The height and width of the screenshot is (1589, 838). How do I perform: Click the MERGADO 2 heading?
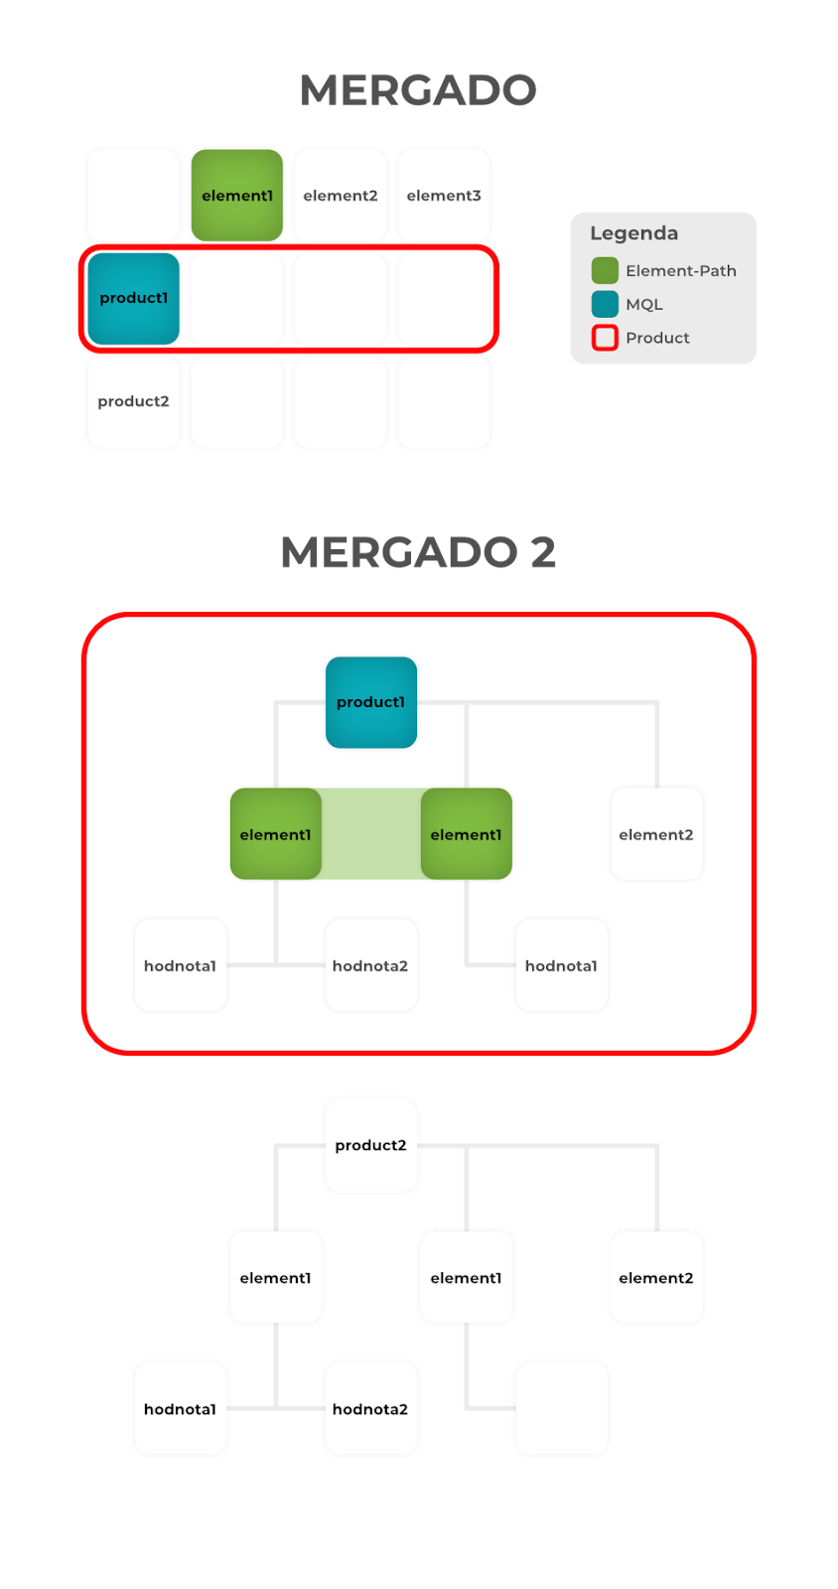pos(418,552)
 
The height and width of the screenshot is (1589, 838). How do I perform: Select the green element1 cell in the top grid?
pos(237,196)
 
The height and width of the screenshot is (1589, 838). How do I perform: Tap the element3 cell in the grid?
pos(444,196)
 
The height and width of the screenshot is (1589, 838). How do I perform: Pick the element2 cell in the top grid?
pos(341,196)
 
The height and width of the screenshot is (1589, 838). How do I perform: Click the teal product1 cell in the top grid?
pos(134,298)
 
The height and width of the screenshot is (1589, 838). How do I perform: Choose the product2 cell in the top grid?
pos(134,401)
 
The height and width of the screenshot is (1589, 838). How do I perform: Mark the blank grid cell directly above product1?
pos(134,196)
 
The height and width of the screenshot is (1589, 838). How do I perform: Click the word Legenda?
pos(633,233)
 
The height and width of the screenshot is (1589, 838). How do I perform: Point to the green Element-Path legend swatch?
pos(605,270)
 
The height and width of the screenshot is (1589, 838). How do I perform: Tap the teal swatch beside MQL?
pos(605,304)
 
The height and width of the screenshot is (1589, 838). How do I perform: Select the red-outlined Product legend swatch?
pos(605,338)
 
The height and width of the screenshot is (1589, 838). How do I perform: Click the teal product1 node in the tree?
pos(371,702)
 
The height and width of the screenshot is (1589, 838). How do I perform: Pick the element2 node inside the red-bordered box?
pos(656,834)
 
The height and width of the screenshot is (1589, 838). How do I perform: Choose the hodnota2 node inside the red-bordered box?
pos(370,965)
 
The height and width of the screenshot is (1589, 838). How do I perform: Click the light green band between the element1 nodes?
pos(371,834)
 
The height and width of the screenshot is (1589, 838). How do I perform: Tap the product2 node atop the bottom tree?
pos(371,1145)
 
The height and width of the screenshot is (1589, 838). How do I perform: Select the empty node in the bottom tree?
pos(562,1408)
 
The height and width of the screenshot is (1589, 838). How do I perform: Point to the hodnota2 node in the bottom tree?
pos(370,1408)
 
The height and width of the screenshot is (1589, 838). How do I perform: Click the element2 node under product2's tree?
pos(656,1277)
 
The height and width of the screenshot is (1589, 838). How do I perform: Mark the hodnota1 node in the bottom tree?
pos(181,1408)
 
